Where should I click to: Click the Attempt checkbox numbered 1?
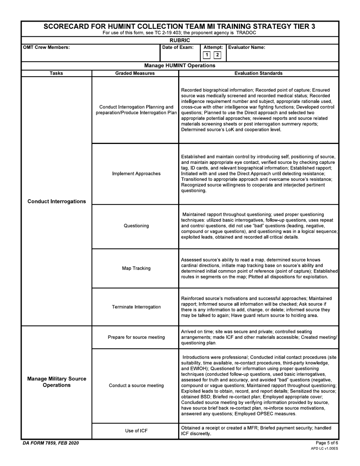[x=207, y=55]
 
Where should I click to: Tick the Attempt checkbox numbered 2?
[x=218, y=55]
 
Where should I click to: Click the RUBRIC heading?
[x=180, y=40]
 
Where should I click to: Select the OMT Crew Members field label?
[x=47, y=48]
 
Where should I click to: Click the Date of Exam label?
[x=178, y=48]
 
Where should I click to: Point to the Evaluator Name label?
[x=247, y=48]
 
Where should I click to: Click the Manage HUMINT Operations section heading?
[x=180, y=66]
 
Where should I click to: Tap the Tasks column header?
[x=56, y=73]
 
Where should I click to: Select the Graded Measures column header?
[x=135, y=73]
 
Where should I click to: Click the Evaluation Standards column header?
[x=258, y=73]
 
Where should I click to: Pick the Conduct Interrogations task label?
[x=57, y=202]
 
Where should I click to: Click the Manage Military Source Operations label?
[x=57, y=382]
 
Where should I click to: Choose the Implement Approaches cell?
[x=136, y=174]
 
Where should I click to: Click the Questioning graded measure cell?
[x=136, y=226]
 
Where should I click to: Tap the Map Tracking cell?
[x=136, y=269]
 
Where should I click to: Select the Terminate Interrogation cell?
[x=136, y=307]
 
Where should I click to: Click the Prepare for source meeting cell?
[x=136, y=337]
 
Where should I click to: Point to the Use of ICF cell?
[x=136, y=431]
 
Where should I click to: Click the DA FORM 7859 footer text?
[x=51, y=443]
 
